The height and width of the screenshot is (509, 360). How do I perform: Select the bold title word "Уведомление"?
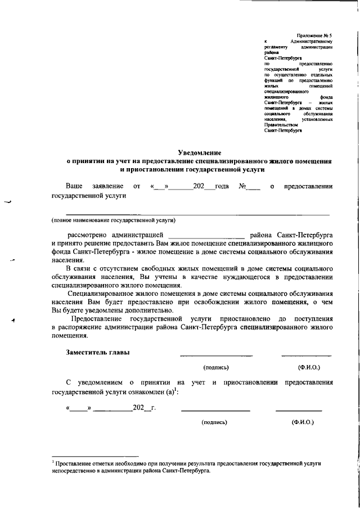pyautogui.click(x=199, y=152)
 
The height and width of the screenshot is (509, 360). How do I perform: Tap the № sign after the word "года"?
pyautogui.click(x=244, y=186)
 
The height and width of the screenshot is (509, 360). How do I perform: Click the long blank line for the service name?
pyautogui.click(x=197, y=214)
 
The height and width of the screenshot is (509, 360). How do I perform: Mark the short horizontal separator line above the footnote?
pyautogui.click(x=94, y=456)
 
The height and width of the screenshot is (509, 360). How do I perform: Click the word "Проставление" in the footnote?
pyautogui.click(x=72, y=462)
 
